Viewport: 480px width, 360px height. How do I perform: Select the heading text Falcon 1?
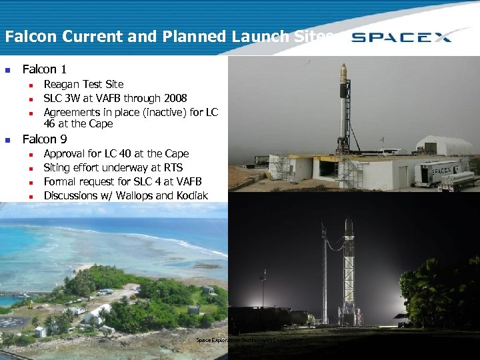(44, 69)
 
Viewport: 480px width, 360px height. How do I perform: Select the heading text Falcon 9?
(44, 139)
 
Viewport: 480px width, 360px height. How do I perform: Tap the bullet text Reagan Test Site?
(83, 85)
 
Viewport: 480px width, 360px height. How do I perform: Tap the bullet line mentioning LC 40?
(116, 153)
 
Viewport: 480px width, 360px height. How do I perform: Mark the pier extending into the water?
(20, 293)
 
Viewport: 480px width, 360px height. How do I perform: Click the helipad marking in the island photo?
(15, 323)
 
